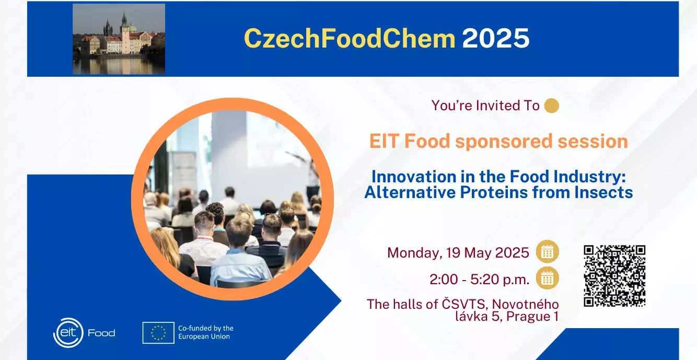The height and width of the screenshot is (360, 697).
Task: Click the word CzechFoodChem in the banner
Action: click(350, 38)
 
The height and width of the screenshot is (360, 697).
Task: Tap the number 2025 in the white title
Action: click(496, 38)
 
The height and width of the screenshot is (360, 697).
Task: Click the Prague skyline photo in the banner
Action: click(119, 39)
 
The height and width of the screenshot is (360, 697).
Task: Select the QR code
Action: click(614, 276)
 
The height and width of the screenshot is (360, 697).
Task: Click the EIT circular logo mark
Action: click(68, 333)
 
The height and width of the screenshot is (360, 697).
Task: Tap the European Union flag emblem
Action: click(158, 333)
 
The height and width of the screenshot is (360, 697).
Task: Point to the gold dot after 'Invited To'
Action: click(552, 106)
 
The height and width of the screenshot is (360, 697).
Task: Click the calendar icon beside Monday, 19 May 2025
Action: click(548, 252)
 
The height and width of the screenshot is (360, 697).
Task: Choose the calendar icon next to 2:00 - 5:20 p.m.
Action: click(548, 278)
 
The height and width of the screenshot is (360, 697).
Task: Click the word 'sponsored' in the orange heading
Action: click(504, 142)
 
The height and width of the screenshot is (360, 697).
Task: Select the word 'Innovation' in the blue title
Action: click(413, 177)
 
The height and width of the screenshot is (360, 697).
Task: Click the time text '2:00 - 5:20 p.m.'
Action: click(480, 280)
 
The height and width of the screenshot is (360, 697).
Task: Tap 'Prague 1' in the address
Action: click(532, 317)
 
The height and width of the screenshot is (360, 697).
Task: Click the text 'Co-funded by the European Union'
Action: click(206, 332)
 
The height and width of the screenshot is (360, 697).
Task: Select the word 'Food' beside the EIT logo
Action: click(101, 333)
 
